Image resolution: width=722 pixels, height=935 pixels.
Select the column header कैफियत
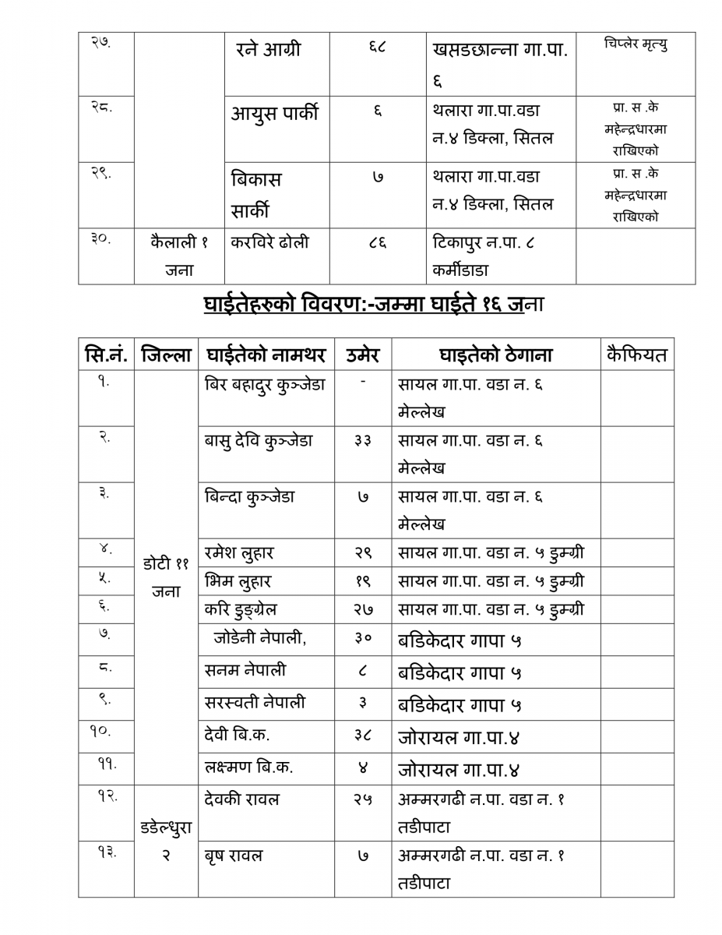tap(636, 355)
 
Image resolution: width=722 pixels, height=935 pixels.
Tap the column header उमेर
tap(362, 355)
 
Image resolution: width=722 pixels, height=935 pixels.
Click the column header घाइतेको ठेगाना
tap(495, 355)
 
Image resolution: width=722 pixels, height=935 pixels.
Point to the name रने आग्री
tap(268, 50)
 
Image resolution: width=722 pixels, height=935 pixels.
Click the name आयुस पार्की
tap(274, 114)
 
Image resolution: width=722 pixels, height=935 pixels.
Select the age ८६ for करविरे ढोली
tap(377, 242)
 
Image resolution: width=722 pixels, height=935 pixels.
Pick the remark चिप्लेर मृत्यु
tap(635, 44)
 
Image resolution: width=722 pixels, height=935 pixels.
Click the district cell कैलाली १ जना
tap(179, 256)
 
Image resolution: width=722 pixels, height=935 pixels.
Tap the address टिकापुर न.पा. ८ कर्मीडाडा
tap(483, 256)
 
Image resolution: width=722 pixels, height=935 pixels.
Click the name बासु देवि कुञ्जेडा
tap(258, 441)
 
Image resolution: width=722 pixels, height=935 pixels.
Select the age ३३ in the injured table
tap(362, 441)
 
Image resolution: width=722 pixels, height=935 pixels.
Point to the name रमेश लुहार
tap(239, 553)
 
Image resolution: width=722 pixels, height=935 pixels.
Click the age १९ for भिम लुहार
tap(362, 581)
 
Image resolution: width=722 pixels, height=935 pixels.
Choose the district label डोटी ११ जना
tap(166, 577)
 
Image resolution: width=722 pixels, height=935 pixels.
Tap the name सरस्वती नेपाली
tap(255, 703)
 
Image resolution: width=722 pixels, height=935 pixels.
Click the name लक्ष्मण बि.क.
tap(248, 767)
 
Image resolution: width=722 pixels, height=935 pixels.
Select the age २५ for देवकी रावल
tap(362, 799)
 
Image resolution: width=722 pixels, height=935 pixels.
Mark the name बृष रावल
tap(234, 856)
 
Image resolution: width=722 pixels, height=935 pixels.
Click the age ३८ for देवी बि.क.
tap(362, 735)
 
